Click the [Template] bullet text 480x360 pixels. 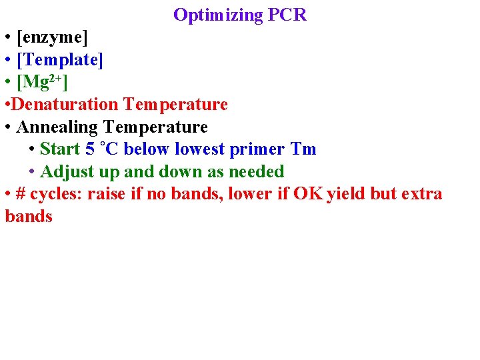(60, 60)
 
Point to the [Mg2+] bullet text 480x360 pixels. (42, 82)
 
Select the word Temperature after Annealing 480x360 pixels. (156, 127)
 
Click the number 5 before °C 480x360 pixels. (90, 149)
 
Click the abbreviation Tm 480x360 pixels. (303, 149)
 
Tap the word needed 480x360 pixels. (257, 171)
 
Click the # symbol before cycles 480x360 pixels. (21, 194)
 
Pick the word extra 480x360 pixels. (420, 194)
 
